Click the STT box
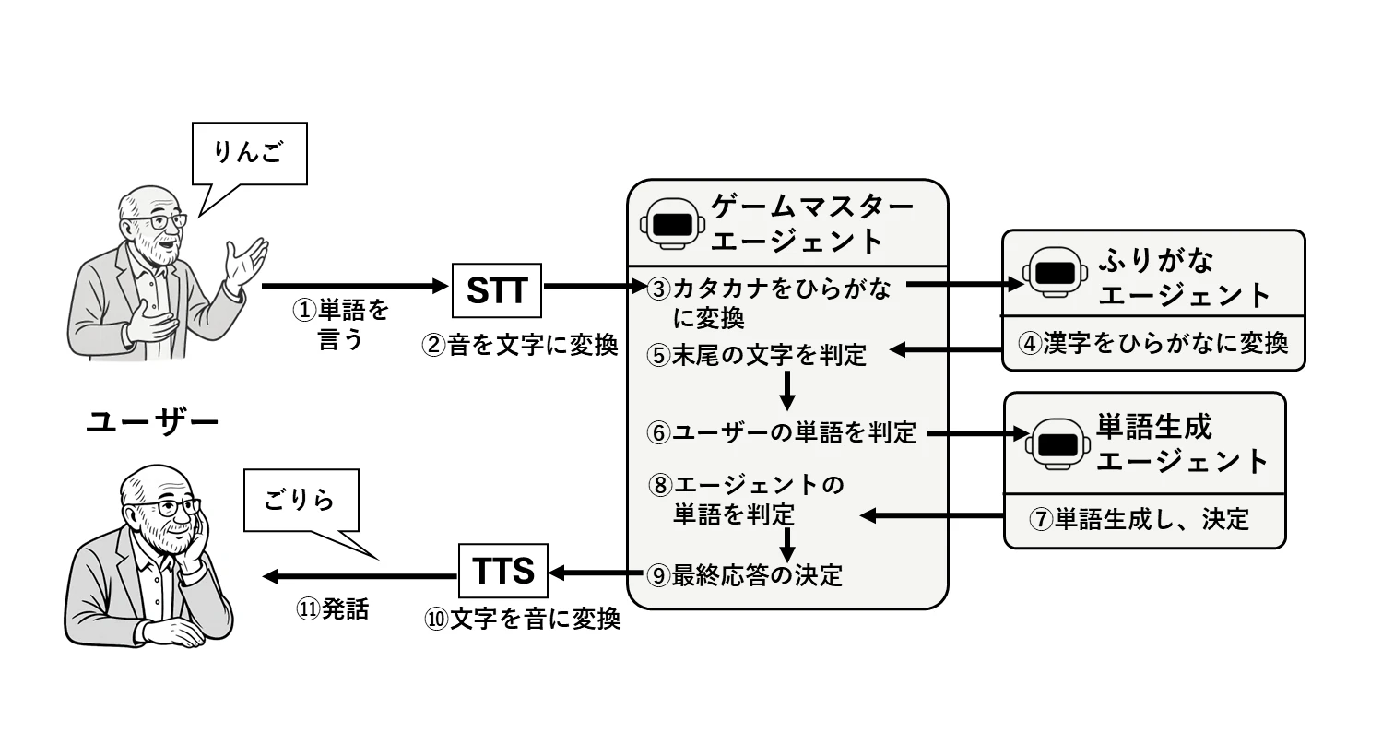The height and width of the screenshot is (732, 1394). click(x=497, y=290)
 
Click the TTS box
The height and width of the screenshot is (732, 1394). click(x=503, y=572)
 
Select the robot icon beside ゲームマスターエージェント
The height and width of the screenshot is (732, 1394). click(x=672, y=224)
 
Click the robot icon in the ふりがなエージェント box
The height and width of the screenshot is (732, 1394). click(x=1053, y=274)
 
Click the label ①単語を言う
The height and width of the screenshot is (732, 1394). click(x=341, y=325)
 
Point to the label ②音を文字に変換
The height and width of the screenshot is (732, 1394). click(x=519, y=347)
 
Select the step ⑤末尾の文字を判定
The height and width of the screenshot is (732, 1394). click(x=757, y=354)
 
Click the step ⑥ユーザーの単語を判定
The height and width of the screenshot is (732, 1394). click(x=782, y=431)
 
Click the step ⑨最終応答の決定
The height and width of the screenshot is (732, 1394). click(x=745, y=575)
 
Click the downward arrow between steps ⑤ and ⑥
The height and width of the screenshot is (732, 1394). click(x=786, y=390)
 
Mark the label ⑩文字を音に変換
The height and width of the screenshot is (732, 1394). click(x=522, y=620)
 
